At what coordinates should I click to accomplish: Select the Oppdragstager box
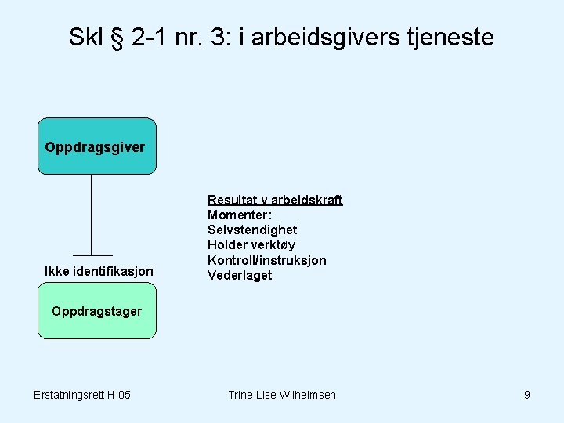click(x=97, y=311)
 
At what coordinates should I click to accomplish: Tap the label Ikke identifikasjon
click(x=99, y=271)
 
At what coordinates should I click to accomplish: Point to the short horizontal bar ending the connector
click(x=92, y=255)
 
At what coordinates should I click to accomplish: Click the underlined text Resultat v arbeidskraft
click(x=274, y=200)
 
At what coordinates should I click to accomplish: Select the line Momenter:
click(x=240, y=215)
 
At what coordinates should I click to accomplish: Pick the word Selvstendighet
click(x=252, y=230)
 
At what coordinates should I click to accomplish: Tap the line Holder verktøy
click(x=251, y=244)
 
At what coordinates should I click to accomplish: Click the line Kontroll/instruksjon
click(x=266, y=260)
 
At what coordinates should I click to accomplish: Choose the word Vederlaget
click(x=240, y=275)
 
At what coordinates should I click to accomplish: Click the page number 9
click(x=527, y=395)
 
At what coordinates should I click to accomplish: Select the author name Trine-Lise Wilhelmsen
click(x=282, y=395)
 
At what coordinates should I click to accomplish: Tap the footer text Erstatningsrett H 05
click(x=82, y=395)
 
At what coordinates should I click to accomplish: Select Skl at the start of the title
click(x=85, y=37)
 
